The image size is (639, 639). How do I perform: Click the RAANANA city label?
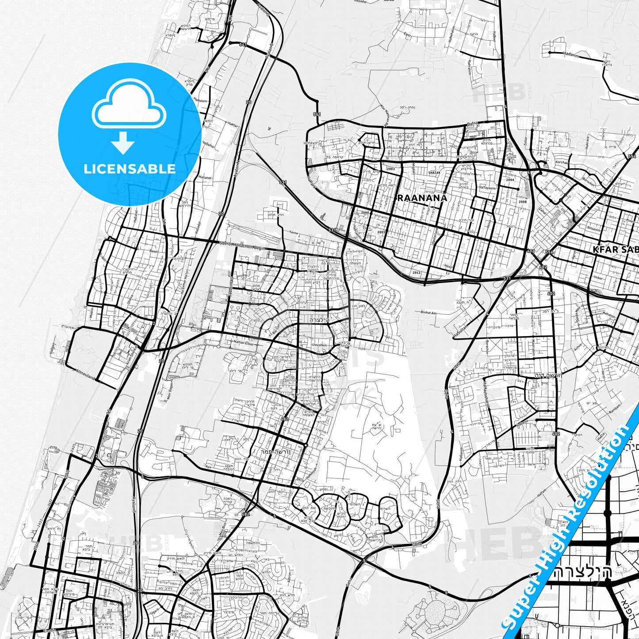pyautogui.click(x=422, y=198)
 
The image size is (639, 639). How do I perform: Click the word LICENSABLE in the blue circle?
pyautogui.click(x=130, y=169)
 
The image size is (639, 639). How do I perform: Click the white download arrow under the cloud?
pyautogui.click(x=123, y=142)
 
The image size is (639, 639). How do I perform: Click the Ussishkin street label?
pyautogui.click(x=319, y=344)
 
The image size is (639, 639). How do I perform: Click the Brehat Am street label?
pyautogui.click(x=429, y=313)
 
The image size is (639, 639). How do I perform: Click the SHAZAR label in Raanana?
pyautogui.click(x=434, y=173)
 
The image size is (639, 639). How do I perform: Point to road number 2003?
pyautogui.click(x=390, y=169)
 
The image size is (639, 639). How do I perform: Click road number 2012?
pyautogui.click(x=416, y=273)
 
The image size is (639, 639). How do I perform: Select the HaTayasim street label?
pyautogui.click(x=487, y=187)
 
